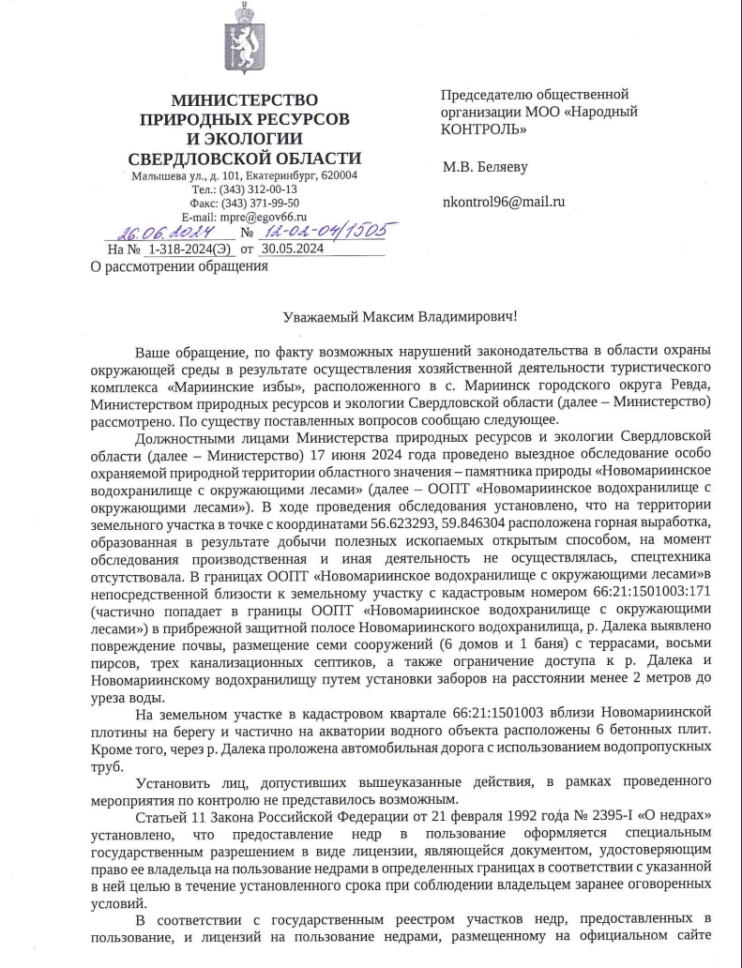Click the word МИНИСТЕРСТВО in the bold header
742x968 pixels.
tap(244, 100)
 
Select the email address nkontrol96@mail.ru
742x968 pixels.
tap(503, 202)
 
